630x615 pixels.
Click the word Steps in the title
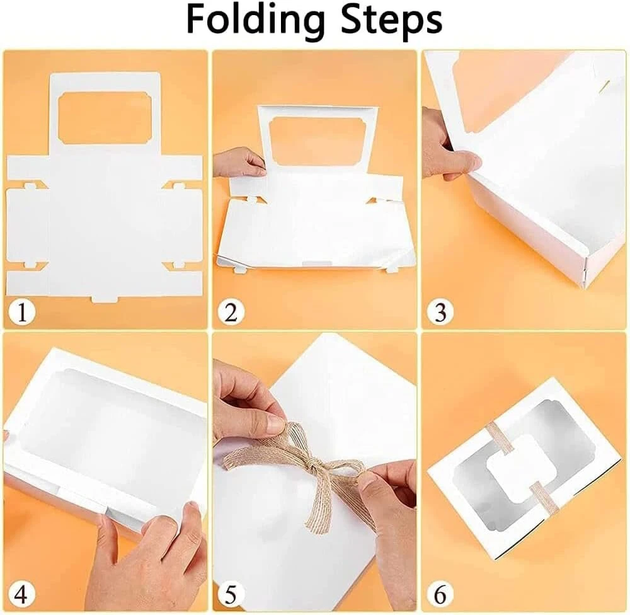click(x=392, y=21)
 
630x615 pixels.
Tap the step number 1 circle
click(x=22, y=311)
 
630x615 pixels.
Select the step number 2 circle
click(x=231, y=311)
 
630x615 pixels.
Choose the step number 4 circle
click(x=22, y=594)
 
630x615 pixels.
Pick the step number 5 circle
click(x=231, y=594)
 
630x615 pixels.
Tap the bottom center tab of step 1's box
click(x=105, y=299)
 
